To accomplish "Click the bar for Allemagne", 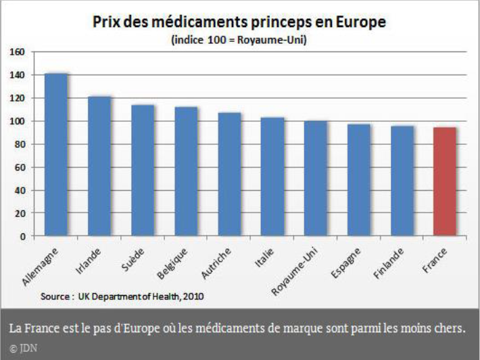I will coord(56,154).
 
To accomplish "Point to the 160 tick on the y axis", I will coord(18,52).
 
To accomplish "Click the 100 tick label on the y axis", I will coord(18,121).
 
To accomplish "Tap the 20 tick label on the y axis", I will coord(20,213).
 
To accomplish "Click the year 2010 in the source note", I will coord(193,296).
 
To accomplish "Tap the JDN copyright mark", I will coord(20,348).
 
